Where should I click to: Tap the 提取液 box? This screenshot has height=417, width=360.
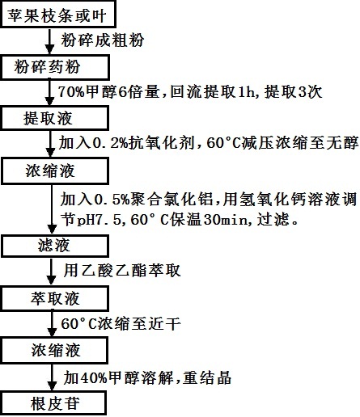coord(46,119)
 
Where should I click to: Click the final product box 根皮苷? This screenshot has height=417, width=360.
coord(46,402)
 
